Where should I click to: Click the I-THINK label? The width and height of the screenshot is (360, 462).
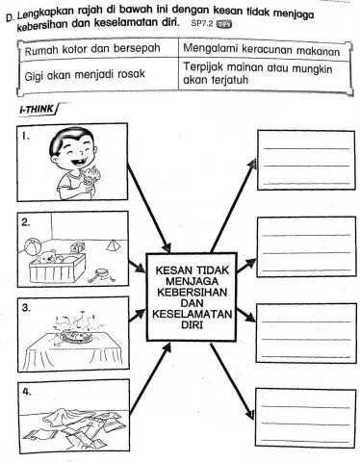35,112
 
